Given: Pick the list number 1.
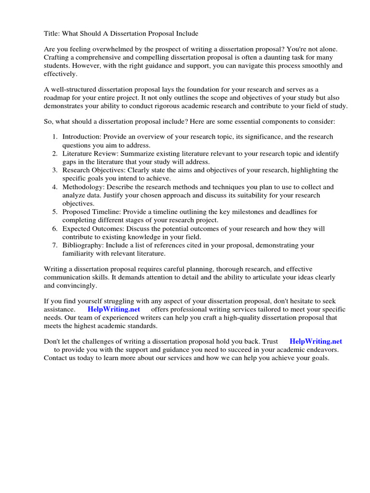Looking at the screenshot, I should tap(55, 137).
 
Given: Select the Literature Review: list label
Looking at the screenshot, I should tap(88, 154).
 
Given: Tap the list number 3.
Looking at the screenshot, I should tap(55, 170).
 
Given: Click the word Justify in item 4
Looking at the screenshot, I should tap(116, 195).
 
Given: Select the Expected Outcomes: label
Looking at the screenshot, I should tap(91, 229).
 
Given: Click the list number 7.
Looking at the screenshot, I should tap(55, 245).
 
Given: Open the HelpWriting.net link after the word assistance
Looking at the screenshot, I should tap(114, 310).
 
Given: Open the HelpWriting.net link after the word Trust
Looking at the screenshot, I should tap(316, 341).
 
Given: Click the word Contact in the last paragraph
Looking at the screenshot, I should tap(56, 358).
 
